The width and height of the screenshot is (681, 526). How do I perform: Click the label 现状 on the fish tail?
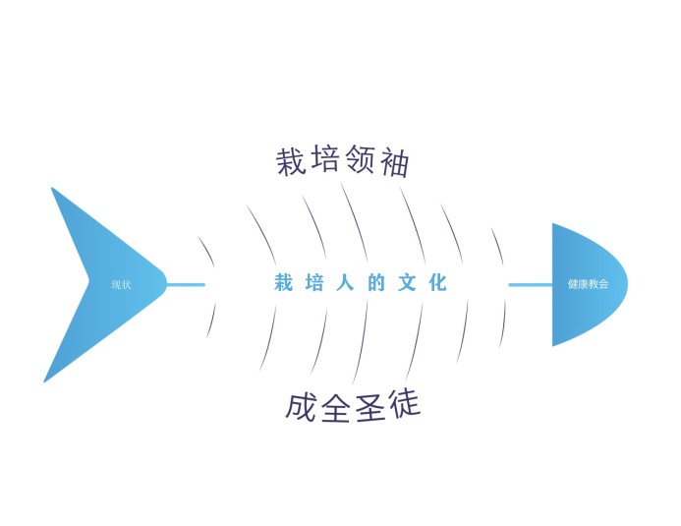point(121,285)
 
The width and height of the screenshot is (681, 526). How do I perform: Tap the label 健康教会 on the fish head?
point(587,285)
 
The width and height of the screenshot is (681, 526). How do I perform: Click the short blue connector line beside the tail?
point(186,285)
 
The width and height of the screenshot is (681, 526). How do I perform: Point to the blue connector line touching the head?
point(530,285)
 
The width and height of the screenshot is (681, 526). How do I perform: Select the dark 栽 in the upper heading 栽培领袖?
point(292,162)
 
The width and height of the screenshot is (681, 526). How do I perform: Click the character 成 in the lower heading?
point(302,408)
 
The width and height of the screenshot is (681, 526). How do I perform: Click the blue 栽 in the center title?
point(284,284)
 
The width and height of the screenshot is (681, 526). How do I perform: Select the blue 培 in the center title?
point(315,284)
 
